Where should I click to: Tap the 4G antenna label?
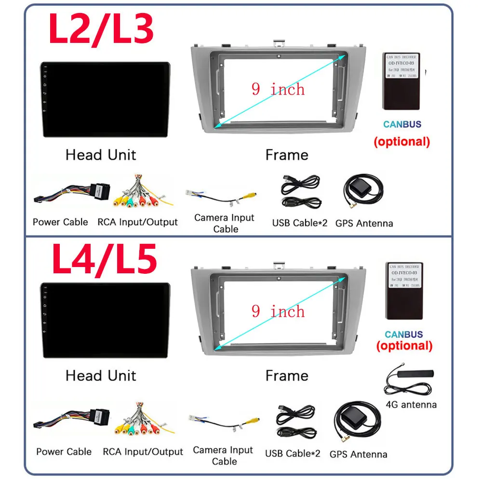click(x=412, y=404)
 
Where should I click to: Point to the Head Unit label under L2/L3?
click(x=101, y=155)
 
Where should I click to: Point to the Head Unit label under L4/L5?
click(x=101, y=375)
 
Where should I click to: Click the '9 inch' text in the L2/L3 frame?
click(x=278, y=89)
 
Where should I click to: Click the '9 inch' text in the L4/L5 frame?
click(x=278, y=311)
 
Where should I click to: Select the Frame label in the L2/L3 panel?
click(x=287, y=155)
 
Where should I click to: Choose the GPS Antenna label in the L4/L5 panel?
click(x=358, y=454)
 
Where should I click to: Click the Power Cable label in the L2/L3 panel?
click(x=60, y=222)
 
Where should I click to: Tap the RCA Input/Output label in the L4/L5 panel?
click(x=143, y=452)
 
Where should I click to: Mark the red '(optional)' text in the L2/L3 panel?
click(x=402, y=142)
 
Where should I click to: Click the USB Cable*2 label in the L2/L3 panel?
click(x=299, y=223)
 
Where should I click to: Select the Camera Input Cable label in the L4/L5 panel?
click(x=223, y=455)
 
